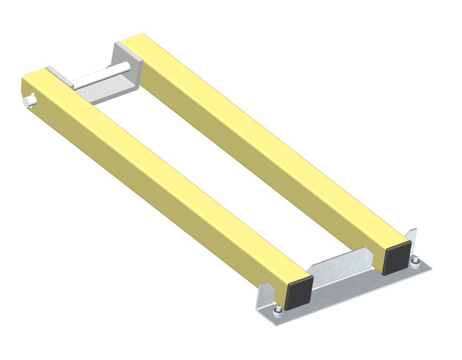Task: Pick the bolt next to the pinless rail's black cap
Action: click(415, 263)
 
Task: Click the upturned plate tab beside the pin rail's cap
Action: click(262, 296)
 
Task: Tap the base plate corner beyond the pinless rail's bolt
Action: click(431, 266)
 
